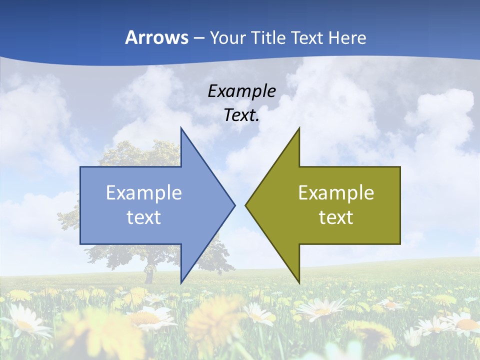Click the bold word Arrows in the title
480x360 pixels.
(x=156, y=37)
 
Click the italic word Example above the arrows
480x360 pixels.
(x=241, y=91)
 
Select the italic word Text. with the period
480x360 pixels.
(x=241, y=115)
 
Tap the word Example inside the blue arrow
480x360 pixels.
(x=144, y=193)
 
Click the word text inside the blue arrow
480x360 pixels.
(x=144, y=217)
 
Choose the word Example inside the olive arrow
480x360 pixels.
(x=336, y=193)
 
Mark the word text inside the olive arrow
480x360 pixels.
(x=336, y=217)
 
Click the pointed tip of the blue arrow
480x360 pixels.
(x=234, y=205)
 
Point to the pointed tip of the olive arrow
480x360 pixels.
(x=246, y=205)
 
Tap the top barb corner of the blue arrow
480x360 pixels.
(x=181, y=128)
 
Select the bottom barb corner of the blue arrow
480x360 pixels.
(x=181, y=282)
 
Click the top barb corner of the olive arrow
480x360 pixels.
(x=299, y=128)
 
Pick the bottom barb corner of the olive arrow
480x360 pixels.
(x=299, y=282)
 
